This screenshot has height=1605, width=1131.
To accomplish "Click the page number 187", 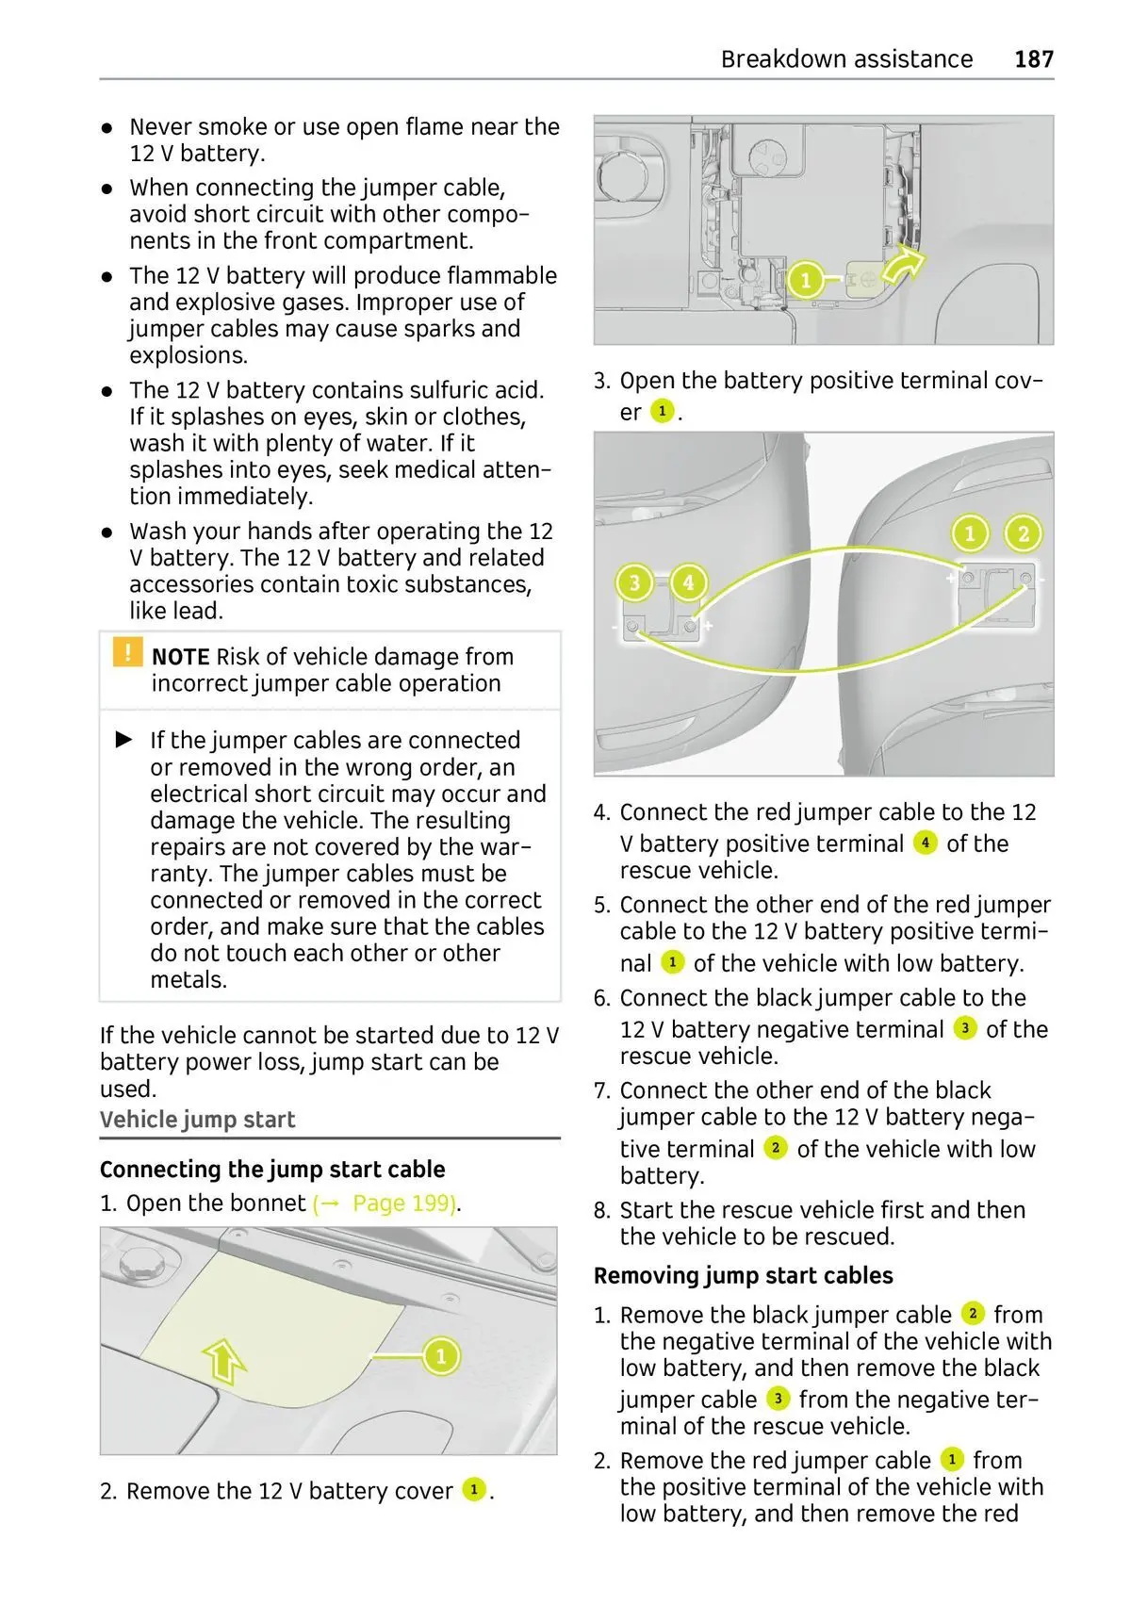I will (x=1034, y=59).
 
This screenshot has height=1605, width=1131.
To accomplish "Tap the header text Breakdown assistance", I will (x=846, y=59).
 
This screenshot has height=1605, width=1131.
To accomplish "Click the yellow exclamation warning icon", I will (x=126, y=652).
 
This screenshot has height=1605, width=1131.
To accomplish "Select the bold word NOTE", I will (x=180, y=657).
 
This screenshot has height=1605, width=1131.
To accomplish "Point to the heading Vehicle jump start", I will (x=198, y=1120).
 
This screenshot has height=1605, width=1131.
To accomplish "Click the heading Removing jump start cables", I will (x=744, y=1276).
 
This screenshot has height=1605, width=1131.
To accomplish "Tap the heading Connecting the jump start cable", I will (x=272, y=1170).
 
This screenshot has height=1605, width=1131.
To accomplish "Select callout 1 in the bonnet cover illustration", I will (x=440, y=1356).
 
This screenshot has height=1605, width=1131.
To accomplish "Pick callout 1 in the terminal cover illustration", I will (x=805, y=280).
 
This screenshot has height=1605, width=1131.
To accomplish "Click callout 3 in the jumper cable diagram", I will (x=634, y=583).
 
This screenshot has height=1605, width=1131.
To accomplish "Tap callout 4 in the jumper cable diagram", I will (x=688, y=583).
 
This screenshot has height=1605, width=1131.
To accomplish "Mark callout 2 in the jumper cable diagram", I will (x=1023, y=534).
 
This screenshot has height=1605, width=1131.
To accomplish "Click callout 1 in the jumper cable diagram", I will (x=970, y=534).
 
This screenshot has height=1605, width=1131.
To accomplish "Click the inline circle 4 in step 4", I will (x=926, y=843).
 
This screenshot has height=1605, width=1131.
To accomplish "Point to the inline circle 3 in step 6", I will (x=965, y=1027).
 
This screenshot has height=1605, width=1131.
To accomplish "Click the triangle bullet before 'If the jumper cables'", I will (x=124, y=740).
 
